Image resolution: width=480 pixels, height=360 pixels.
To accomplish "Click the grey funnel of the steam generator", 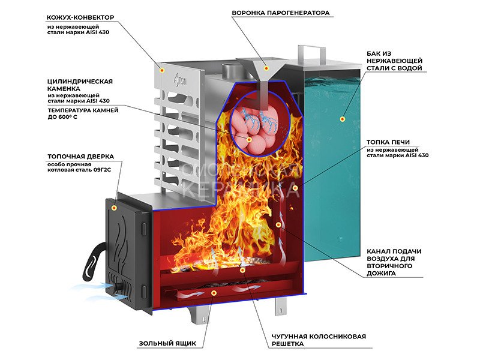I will (262, 72).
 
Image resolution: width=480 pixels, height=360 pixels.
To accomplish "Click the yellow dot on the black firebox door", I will (115, 207).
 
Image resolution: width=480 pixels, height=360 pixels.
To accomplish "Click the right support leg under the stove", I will (281, 305).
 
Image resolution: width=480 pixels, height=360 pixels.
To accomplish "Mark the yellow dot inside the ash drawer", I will (213, 293).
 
